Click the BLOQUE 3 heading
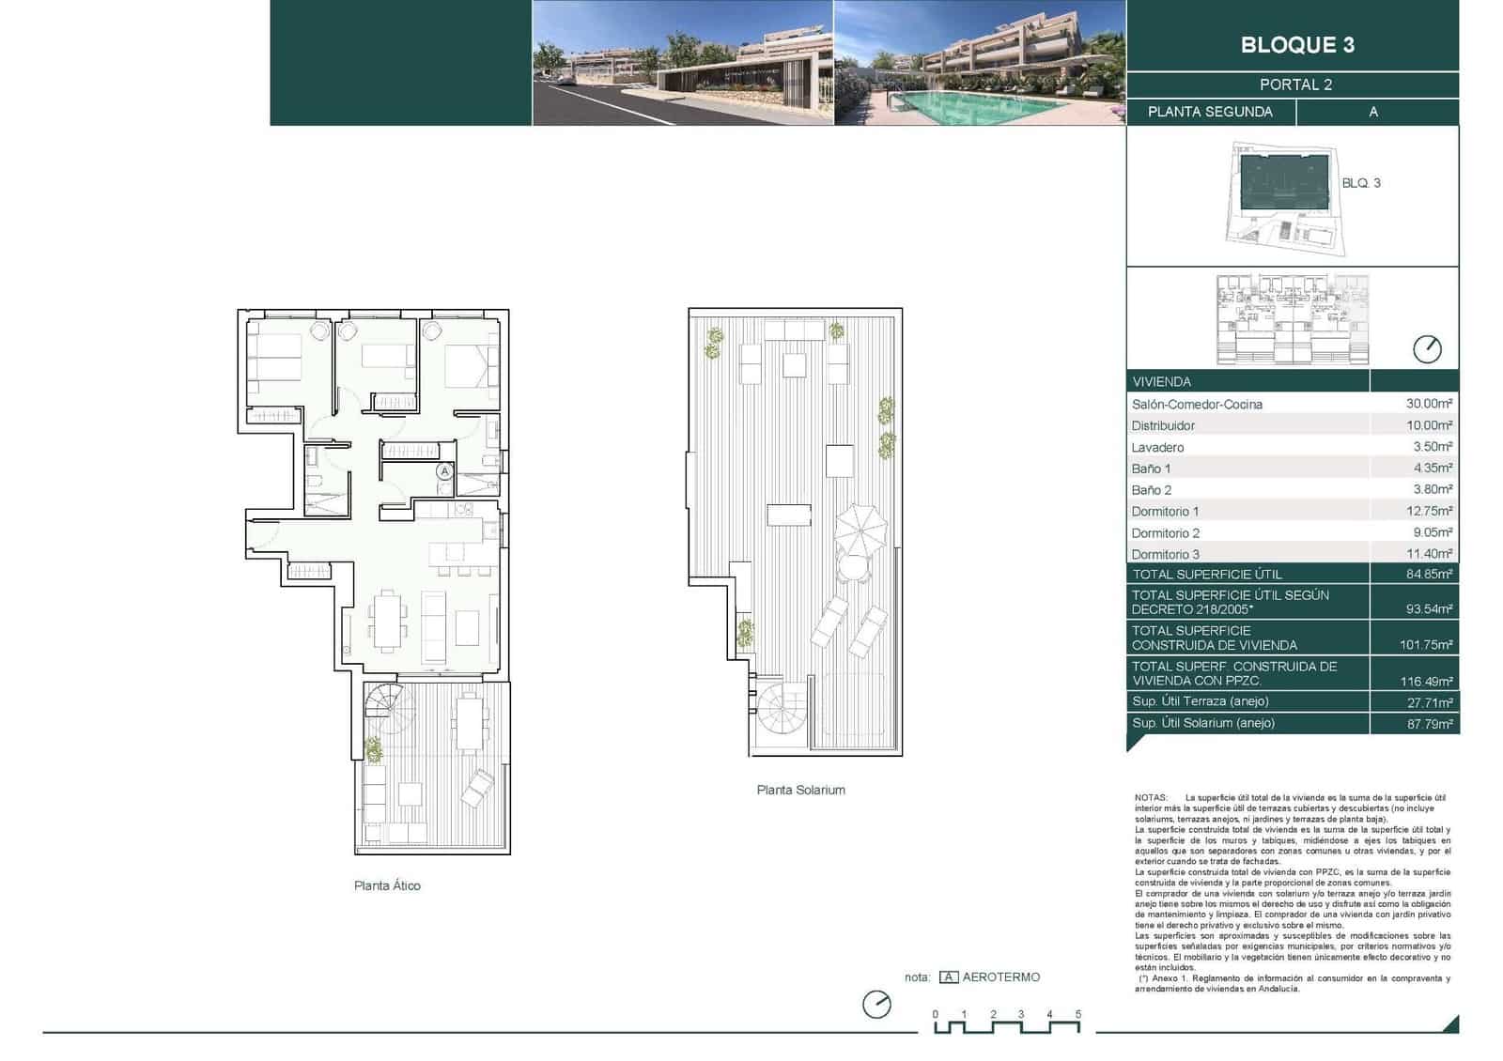click(1296, 45)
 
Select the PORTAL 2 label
click(1295, 85)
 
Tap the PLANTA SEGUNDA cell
click(1210, 112)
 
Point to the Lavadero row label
click(1157, 448)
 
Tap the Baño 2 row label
click(1151, 490)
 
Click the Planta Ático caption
click(387, 885)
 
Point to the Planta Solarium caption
click(800, 790)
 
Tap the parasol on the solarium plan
click(860, 529)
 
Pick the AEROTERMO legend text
click(1000, 977)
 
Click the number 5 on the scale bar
click(1078, 1014)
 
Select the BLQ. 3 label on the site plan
click(1360, 183)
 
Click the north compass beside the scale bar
click(876, 1004)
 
